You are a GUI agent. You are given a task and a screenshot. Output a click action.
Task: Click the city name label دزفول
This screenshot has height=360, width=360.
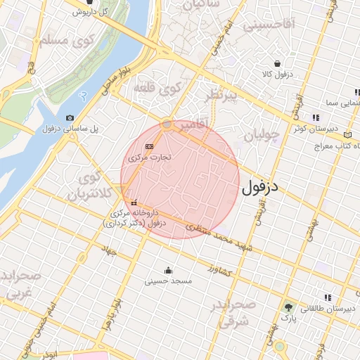pyautogui.click(x=260, y=188)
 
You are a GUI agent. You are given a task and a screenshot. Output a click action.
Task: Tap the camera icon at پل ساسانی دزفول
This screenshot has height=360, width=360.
pyautogui.click(x=69, y=117)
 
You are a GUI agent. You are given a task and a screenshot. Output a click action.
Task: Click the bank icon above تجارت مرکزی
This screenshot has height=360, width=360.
pyautogui.click(x=148, y=146)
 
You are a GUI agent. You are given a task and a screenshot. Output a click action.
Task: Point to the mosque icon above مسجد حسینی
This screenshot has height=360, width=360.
pyautogui.click(x=168, y=270)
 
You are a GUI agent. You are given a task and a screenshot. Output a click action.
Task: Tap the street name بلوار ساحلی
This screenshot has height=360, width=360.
pyautogui.click(x=116, y=79)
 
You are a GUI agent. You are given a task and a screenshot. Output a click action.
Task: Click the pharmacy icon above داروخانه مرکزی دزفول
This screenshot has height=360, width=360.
pyautogui.click(x=134, y=202)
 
